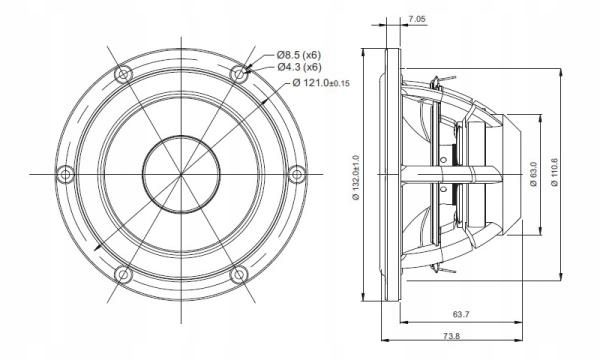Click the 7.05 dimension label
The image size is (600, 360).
click(x=417, y=18)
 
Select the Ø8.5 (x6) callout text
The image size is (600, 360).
click(x=299, y=54)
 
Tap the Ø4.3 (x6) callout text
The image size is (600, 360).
click(x=299, y=67)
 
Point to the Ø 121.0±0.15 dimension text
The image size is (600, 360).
click(x=321, y=82)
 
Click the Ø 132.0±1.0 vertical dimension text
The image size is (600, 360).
click(x=355, y=177)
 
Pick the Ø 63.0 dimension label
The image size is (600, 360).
click(x=534, y=174)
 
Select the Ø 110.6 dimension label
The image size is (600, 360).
click(x=555, y=172)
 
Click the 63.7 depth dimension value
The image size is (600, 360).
click(x=461, y=314)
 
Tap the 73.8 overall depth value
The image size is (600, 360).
click(x=452, y=336)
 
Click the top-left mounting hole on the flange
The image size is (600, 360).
click(x=123, y=74)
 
